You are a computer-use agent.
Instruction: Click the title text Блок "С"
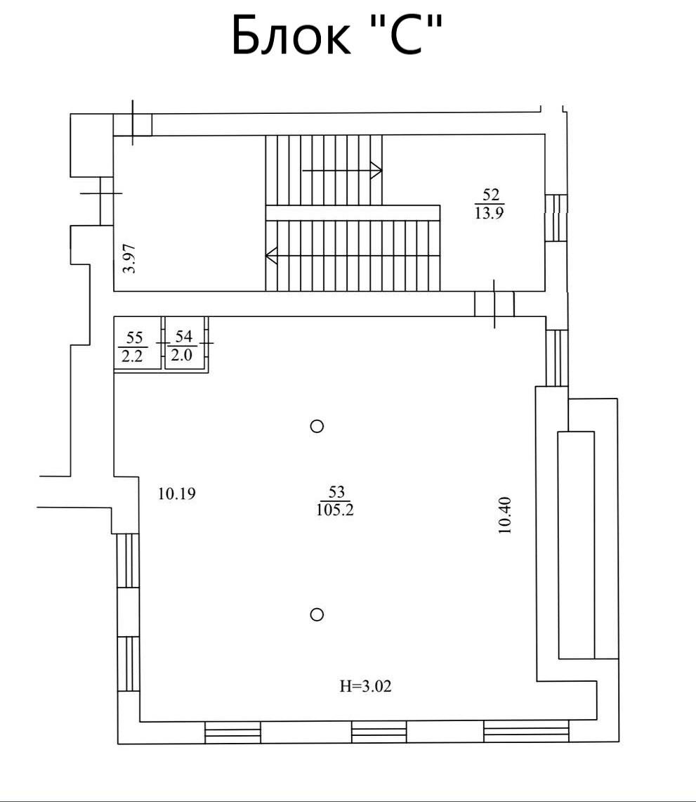tap(336, 34)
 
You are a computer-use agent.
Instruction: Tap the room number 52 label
tap(491, 195)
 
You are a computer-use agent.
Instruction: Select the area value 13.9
tap(489, 213)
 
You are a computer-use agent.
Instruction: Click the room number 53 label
tap(336, 492)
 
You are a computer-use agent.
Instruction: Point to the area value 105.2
tap(335, 510)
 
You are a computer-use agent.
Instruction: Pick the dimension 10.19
tap(177, 493)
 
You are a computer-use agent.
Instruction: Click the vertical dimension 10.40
tap(505, 516)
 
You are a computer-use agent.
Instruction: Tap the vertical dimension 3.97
tap(131, 258)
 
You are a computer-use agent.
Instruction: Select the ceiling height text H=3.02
tap(365, 686)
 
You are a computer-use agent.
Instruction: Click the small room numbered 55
tap(138, 343)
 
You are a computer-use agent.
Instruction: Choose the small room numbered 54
tap(185, 343)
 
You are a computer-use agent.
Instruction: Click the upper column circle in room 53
tap(317, 426)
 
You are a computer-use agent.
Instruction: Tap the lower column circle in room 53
tap(317, 614)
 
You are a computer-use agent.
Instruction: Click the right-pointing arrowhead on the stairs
tap(376, 170)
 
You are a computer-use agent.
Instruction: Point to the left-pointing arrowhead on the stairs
tap(271, 255)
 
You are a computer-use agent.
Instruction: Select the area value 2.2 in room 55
tap(132, 356)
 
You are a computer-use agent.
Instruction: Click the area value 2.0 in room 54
tap(181, 354)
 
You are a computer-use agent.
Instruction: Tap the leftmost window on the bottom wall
tap(232, 732)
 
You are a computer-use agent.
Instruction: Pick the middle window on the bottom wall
tap(379, 732)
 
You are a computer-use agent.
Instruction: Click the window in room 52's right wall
tap(556, 217)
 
